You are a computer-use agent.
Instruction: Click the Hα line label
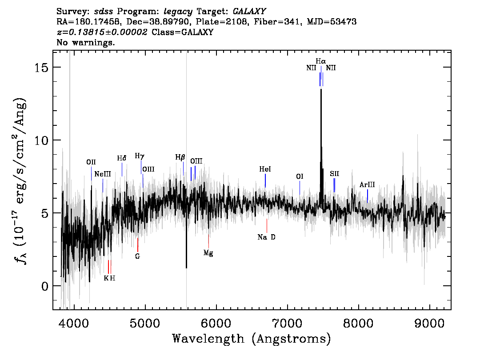pyautogui.click(x=320, y=61)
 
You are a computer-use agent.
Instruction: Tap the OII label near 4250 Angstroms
pyautogui.click(x=91, y=162)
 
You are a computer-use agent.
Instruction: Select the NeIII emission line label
pyautogui.click(x=103, y=174)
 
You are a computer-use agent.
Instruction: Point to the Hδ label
pyautogui.click(x=121, y=158)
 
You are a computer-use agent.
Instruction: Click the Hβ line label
pyautogui.click(x=180, y=157)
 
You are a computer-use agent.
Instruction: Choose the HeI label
pyautogui.click(x=265, y=169)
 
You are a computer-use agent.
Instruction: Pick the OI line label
pyautogui.click(x=300, y=176)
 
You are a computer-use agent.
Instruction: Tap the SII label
pyautogui.click(x=334, y=174)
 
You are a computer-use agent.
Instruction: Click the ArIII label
pyautogui.click(x=367, y=185)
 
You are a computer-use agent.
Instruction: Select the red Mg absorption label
pyautogui.click(x=208, y=253)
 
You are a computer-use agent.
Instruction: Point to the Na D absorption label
pyautogui.click(x=267, y=237)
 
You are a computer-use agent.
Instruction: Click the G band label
pyautogui.click(x=138, y=256)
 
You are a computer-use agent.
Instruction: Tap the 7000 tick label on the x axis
pyautogui.click(x=287, y=323)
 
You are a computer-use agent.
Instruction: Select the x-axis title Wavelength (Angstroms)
pyautogui.click(x=252, y=339)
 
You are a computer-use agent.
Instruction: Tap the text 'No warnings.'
pyautogui.click(x=85, y=42)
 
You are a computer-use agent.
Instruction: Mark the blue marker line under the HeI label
pyautogui.click(x=265, y=180)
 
